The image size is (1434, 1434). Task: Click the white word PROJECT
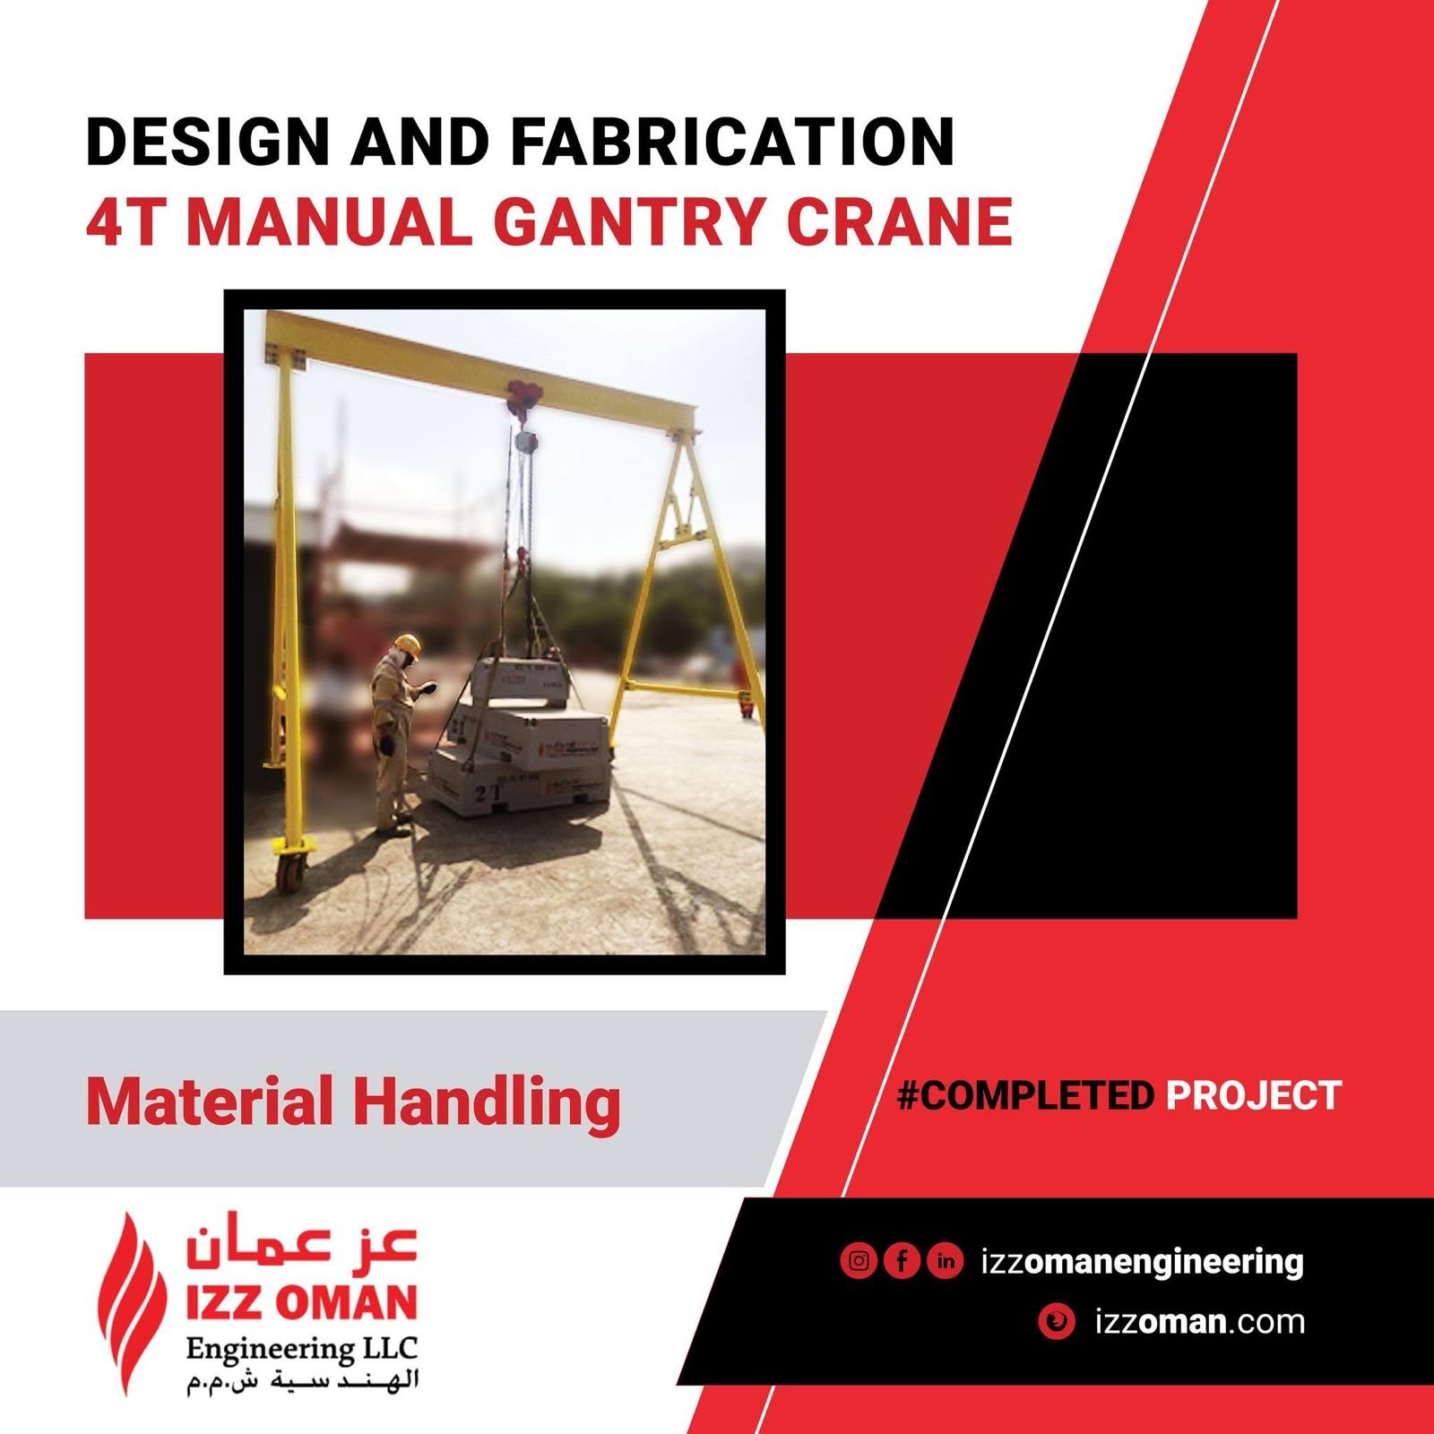click(1253, 1095)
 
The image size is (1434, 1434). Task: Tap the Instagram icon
click(859, 1261)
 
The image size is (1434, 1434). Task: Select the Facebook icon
click(902, 1261)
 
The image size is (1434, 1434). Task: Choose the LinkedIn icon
click(945, 1261)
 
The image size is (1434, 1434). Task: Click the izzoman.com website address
click(1199, 1322)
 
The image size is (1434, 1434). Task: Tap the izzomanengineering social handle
click(1142, 1261)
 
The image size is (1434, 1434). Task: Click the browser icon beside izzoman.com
click(1057, 1322)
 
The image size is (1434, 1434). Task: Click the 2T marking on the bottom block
click(487, 792)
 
